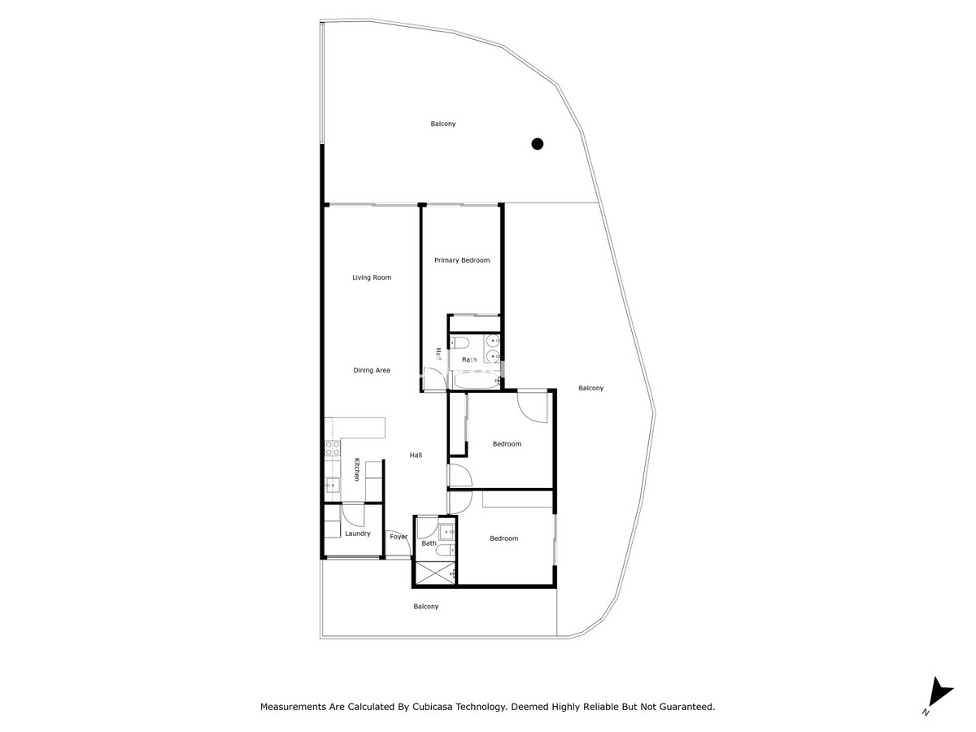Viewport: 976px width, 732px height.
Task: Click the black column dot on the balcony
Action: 537,144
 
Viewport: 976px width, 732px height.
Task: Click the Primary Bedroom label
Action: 462,260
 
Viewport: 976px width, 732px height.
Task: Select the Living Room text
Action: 372,277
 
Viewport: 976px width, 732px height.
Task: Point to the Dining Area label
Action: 372,370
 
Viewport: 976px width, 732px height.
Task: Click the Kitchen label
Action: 356,469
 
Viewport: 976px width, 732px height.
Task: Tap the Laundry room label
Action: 358,534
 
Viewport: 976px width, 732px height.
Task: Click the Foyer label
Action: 399,537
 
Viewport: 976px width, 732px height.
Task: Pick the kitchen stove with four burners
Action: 332,450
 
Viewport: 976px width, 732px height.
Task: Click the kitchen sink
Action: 332,486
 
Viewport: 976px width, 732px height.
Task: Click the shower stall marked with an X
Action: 434,573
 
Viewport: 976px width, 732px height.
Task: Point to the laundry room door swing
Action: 353,514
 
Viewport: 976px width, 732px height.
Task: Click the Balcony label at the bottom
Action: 426,607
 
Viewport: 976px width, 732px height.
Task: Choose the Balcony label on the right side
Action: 591,388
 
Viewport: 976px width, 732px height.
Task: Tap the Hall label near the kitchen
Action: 416,455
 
